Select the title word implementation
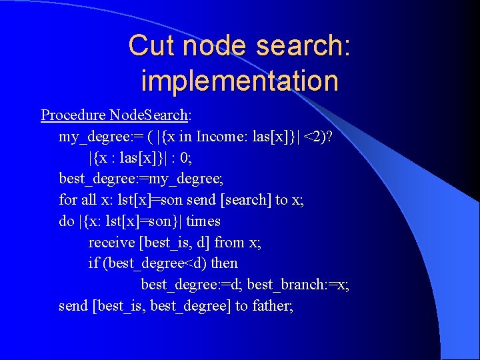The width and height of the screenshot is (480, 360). coord(239,81)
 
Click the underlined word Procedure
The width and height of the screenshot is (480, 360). coord(64,115)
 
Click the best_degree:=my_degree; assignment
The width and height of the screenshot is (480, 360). coord(141,179)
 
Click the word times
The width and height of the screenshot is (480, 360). coord(203,221)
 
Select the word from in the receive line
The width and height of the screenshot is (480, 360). coord(228,242)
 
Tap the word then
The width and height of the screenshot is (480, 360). coord(224,263)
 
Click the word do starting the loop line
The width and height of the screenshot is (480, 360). coord(66,221)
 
